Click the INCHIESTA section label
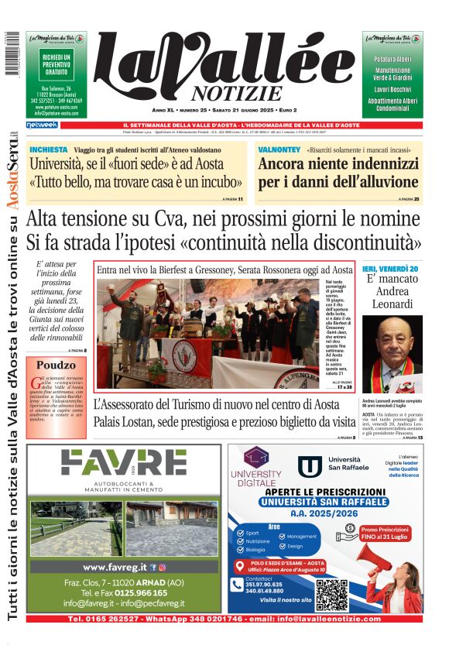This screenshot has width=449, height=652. coord(48,149)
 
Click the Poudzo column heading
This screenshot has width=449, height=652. coord(56,365)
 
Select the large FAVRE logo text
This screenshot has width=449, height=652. coord(124,463)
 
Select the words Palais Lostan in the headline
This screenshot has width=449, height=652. coord(127,423)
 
